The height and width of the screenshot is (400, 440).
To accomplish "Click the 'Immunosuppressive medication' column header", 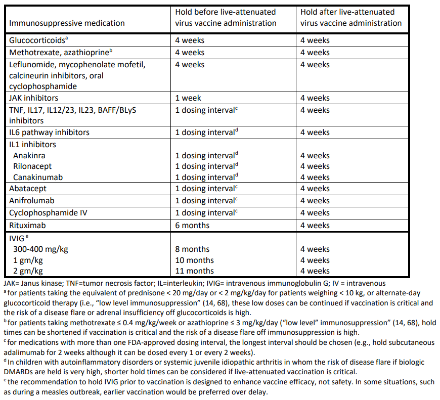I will click(67, 23).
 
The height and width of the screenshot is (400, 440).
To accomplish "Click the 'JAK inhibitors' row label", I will click(33, 98).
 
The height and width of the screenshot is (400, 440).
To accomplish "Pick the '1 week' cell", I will click(188, 98).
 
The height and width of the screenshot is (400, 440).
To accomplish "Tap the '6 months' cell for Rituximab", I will click(192, 226).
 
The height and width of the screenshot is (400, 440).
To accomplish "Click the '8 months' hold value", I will click(192, 249).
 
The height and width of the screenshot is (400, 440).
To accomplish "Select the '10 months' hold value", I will click(194, 260).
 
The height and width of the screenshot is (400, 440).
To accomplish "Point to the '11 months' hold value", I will click(194, 271).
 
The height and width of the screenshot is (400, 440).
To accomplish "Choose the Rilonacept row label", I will click(32, 166).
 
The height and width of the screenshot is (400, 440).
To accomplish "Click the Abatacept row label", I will click(28, 189).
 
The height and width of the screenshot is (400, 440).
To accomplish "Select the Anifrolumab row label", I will click(32, 201).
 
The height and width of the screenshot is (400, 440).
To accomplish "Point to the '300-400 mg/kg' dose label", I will click(40, 249).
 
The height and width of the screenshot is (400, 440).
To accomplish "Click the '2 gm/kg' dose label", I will click(29, 271).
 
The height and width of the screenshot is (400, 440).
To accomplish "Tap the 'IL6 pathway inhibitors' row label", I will click(49, 132).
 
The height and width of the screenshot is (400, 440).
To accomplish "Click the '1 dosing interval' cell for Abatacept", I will click(205, 189).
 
